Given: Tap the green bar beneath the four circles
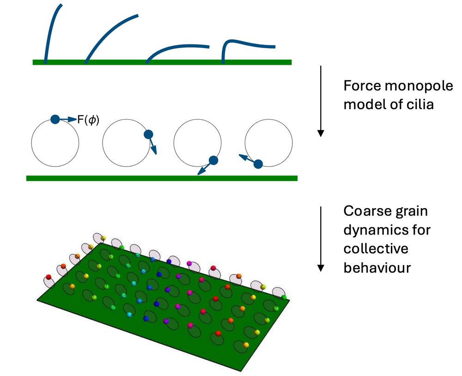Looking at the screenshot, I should [x=162, y=178].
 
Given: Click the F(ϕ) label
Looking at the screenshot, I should [x=88, y=120].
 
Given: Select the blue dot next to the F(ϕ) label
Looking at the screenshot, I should [x=55, y=119].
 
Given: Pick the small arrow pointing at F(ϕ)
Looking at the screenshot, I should [x=69, y=119].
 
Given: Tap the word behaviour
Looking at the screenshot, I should [x=377, y=268].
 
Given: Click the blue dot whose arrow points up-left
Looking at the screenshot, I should [x=258, y=163].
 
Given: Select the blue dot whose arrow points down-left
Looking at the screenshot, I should [x=213, y=160].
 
